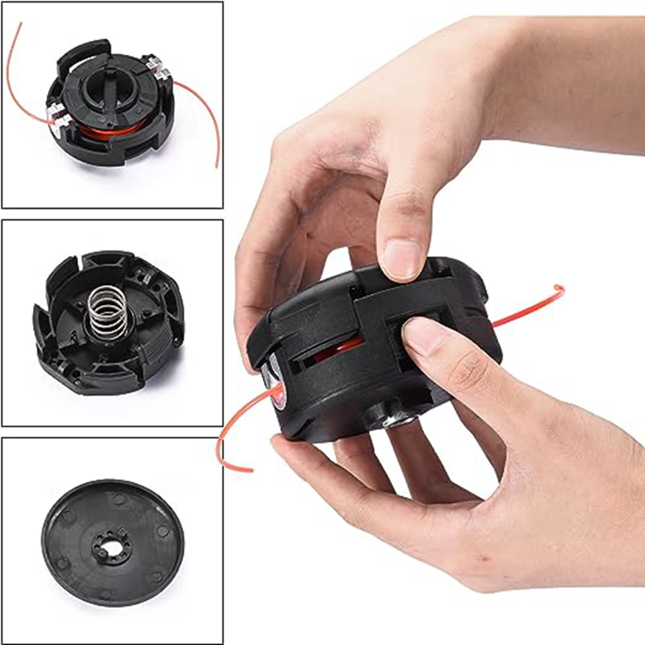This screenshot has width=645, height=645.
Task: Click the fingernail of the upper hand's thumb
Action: pos(402,259)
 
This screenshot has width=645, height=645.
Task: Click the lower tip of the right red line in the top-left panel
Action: pos(217,165)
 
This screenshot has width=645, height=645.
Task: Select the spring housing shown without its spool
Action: pos(108,323)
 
